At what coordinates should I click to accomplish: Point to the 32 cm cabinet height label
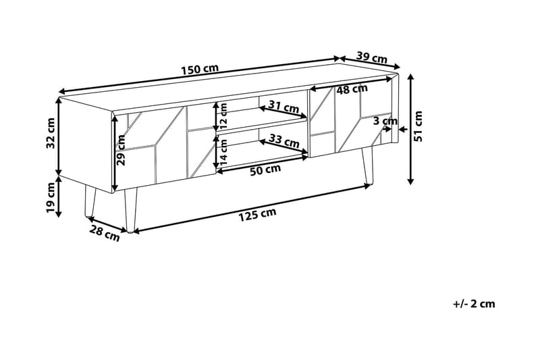pos(51,135)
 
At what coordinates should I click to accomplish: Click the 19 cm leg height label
pos(51,197)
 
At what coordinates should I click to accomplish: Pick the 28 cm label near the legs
pos(105,233)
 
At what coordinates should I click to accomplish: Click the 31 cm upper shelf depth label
pos(283,107)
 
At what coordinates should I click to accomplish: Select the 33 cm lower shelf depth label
pos(283,141)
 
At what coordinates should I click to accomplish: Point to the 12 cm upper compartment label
pos(223,116)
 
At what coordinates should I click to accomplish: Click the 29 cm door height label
pos(122,149)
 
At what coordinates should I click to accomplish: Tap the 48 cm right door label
pos(352,89)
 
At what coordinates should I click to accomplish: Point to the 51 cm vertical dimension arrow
pos(409,128)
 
